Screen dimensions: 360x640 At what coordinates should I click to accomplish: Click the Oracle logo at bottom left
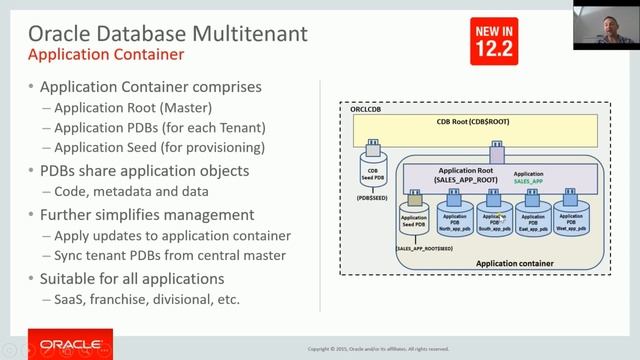click(x=56, y=344)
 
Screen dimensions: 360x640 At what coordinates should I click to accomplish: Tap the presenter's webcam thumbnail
click(x=607, y=24)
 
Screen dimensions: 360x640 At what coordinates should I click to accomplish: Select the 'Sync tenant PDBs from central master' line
click(x=172, y=255)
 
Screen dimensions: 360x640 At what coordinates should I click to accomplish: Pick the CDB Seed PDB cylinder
click(x=373, y=168)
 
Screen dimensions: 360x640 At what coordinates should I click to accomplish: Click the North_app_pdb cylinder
click(x=454, y=218)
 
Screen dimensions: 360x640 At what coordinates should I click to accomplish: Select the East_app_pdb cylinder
click(x=533, y=218)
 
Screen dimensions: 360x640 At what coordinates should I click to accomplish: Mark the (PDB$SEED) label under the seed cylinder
click(x=372, y=199)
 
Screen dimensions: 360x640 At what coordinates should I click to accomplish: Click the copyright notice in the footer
click(x=378, y=349)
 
